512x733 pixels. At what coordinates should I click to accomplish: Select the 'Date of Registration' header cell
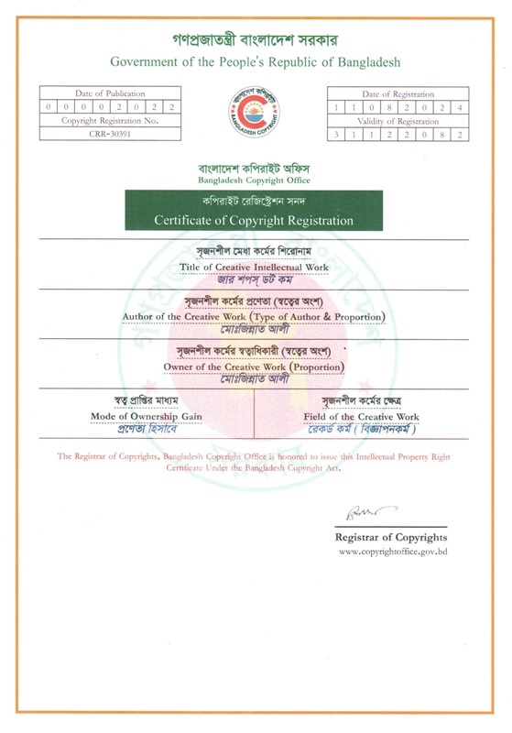[x=399, y=93]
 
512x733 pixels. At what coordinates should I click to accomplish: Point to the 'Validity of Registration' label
[x=399, y=121]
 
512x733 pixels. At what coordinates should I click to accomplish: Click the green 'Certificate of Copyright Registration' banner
[x=254, y=220]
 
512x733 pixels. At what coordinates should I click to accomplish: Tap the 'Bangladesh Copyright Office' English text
[x=254, y=181]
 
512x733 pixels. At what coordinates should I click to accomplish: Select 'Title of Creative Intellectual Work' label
[x=254, y=267]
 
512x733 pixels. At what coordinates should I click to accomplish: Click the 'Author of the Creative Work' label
[x=254, y=316]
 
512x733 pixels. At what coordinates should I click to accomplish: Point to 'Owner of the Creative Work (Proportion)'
[x=254, y=366]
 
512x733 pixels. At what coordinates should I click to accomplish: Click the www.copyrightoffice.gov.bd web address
[x=393, y=552]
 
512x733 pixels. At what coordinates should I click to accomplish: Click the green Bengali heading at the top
[x=256, y=40]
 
